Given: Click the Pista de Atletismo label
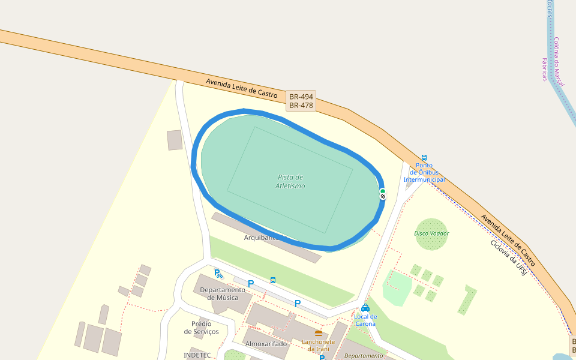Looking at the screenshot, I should point(291,181).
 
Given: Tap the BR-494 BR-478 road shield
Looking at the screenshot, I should point(301,101).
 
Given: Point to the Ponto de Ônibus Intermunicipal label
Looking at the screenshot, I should point(424,173).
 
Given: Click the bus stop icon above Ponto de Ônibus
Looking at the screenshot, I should point(424,158).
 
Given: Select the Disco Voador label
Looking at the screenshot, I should point(431,233).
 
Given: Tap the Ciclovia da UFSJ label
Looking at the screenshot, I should point(508,258).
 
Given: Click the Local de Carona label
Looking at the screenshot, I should point(365,320).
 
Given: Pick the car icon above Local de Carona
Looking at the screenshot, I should point(365,308).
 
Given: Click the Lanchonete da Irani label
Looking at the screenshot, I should point(319,345).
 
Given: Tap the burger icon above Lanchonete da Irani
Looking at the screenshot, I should point(319,333).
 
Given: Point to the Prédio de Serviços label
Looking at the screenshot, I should point(201,328).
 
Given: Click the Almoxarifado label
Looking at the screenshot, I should point(266,344).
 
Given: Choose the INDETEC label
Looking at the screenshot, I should point(197,355).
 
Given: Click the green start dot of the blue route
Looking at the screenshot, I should point(382,191).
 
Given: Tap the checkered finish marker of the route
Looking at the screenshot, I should point(383,197).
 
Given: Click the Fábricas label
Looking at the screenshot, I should point(545,70).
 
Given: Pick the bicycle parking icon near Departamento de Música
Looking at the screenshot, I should point(218,274).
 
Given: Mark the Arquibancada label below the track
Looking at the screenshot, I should point(262,238).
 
